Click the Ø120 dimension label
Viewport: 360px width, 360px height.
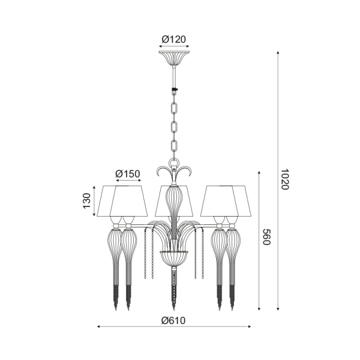(x=173, y=39)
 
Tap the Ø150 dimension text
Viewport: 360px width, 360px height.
(x=127, y=174)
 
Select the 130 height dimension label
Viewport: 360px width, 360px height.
(x=87, y=201)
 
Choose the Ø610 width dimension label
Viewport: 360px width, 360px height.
(x=173, y=320)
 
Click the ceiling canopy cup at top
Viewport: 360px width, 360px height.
(x=174, y=58)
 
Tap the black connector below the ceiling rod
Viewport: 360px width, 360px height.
(x=175, y=90)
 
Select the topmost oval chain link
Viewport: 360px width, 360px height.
(x=174, y=109)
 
